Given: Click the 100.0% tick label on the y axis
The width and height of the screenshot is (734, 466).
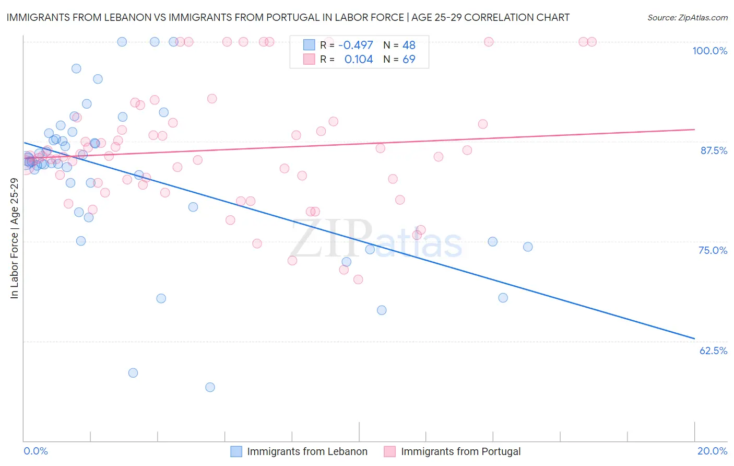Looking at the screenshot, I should (709, 51).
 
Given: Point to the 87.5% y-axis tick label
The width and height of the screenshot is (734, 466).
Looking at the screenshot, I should (714, 150).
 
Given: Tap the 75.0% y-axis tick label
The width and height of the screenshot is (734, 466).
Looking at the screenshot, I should (713, 250).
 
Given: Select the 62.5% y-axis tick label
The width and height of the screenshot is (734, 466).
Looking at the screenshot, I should (713, 351).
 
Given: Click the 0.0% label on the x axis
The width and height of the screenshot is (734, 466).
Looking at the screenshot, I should (35, 451).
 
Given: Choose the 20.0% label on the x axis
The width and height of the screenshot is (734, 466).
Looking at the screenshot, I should (712, 451).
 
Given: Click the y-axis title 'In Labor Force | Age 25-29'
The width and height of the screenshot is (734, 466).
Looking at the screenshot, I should (14, 238).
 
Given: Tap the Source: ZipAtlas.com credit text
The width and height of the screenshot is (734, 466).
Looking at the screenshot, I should (687, 18).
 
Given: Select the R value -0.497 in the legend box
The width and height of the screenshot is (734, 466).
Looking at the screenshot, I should (356, 45).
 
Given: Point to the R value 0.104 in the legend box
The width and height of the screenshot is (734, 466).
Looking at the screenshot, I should (359, 60).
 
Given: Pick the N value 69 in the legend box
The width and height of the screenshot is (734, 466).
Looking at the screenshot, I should (409, 60).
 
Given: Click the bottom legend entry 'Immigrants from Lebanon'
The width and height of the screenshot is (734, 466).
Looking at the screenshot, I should (307, 451).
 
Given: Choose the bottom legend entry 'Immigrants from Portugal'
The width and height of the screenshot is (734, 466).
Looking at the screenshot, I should (460, 451).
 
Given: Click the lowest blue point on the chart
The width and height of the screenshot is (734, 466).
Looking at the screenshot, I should (210, 387).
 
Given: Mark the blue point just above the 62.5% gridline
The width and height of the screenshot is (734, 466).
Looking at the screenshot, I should (382, 310).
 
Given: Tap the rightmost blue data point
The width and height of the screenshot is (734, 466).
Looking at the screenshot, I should (528, 247).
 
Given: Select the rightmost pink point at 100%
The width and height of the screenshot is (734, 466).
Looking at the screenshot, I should (591, 42).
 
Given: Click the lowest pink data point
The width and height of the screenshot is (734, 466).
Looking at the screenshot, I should (358, 279).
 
